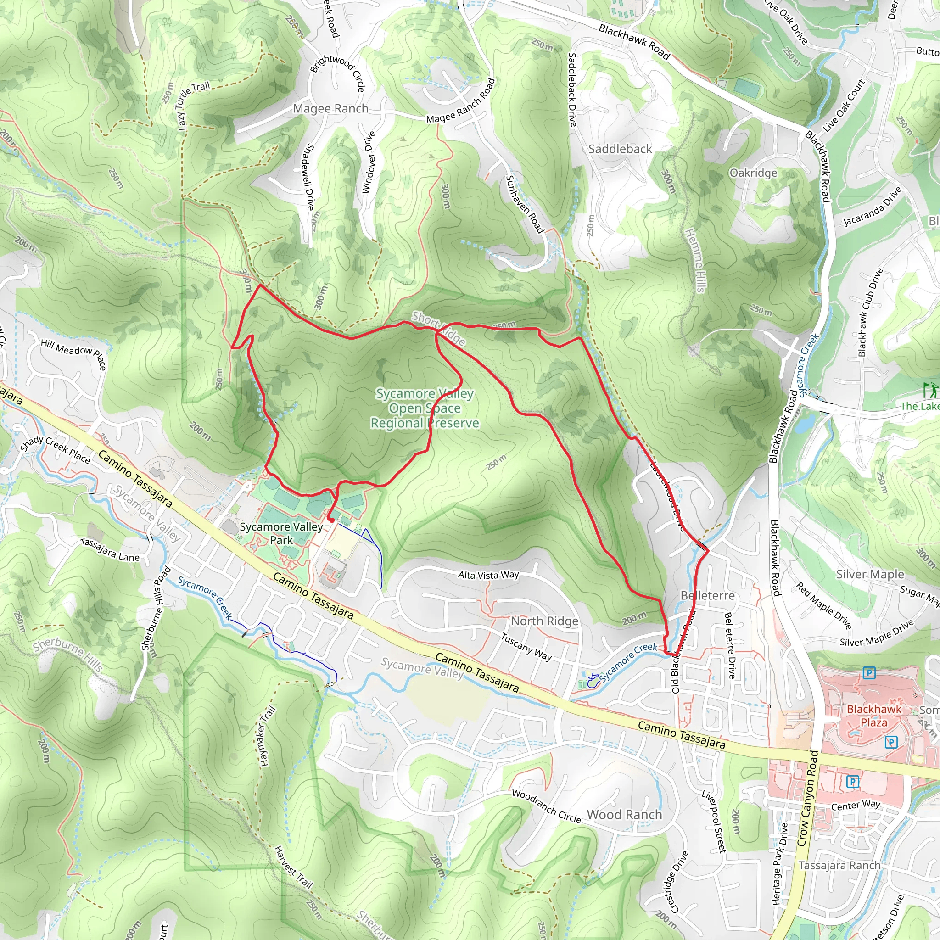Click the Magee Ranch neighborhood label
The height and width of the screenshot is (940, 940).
330,108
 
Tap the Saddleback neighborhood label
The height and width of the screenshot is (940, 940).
620,149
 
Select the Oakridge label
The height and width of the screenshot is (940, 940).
753,173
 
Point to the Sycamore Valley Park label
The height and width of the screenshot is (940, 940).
281,533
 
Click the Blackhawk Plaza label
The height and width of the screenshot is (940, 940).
874,716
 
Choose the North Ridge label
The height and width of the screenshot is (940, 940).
544,621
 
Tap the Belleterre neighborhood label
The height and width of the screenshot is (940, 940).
707,595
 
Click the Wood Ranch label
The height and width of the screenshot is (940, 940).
624,815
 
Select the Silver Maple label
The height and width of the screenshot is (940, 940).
870,574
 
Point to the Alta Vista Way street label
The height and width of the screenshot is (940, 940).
488,575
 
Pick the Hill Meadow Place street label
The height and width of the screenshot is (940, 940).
73,354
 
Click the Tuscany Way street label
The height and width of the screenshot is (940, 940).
526,647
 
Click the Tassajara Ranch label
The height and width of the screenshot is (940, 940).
839,866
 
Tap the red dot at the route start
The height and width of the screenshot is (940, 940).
330,520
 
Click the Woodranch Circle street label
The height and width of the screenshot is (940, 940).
546,806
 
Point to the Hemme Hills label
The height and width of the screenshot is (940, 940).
695,261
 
